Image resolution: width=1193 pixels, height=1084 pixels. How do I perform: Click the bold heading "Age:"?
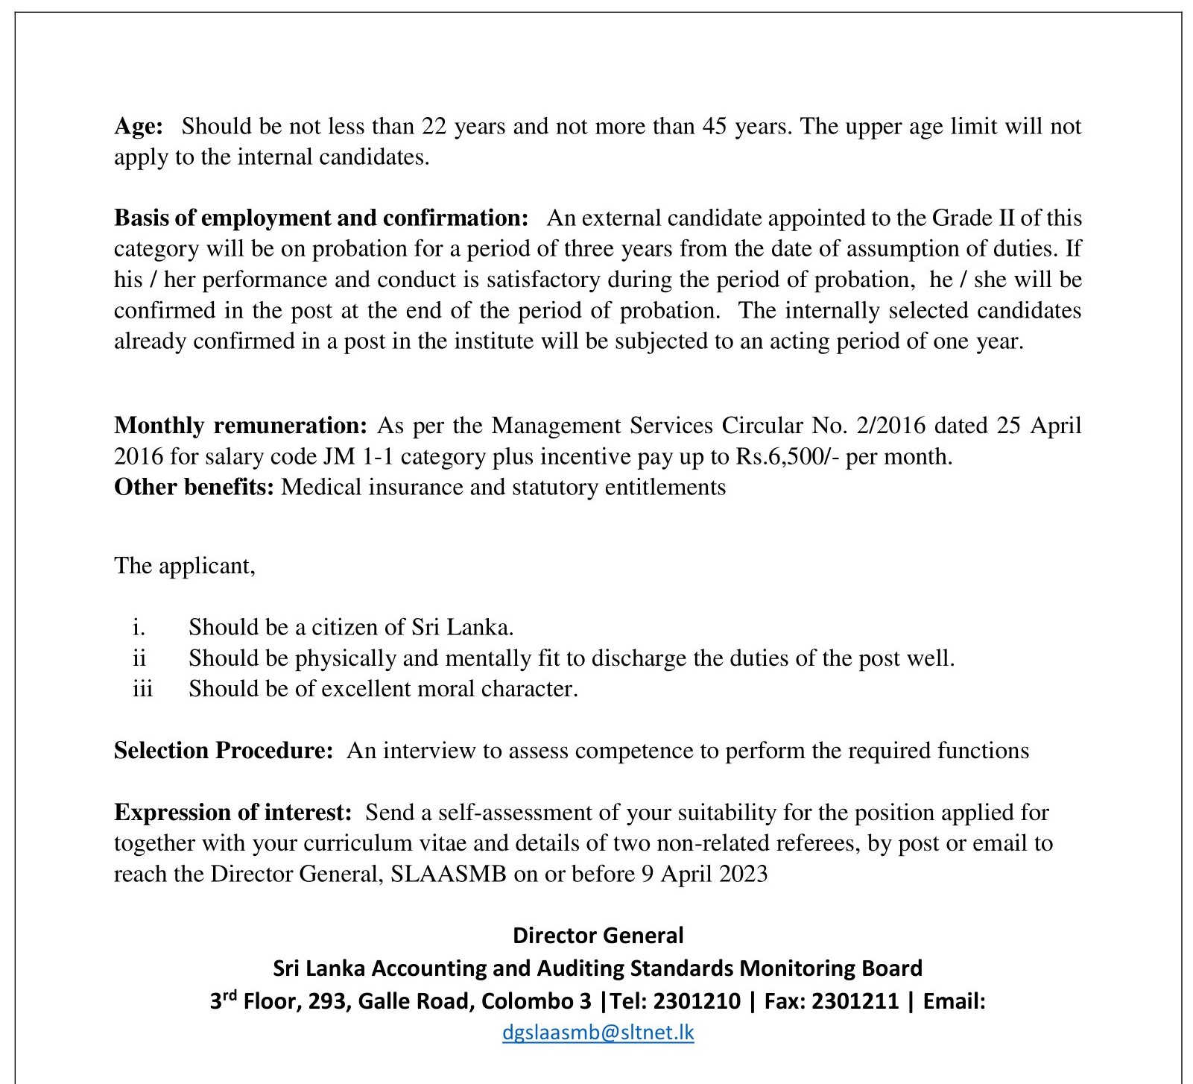(x=138, y=127)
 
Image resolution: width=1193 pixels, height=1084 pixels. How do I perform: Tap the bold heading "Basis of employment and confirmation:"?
(x=321, y=218)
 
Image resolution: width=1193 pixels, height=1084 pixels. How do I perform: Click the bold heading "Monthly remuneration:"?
(x=241, y=426)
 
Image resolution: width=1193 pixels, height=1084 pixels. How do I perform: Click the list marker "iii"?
(x=142, y=688)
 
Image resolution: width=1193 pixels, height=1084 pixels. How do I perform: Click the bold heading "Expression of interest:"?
(x=232, y=812)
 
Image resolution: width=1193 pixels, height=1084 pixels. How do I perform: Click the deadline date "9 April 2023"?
(x=704, y=874)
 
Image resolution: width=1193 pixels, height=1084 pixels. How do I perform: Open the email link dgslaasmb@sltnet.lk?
(x=598, y=1033)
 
